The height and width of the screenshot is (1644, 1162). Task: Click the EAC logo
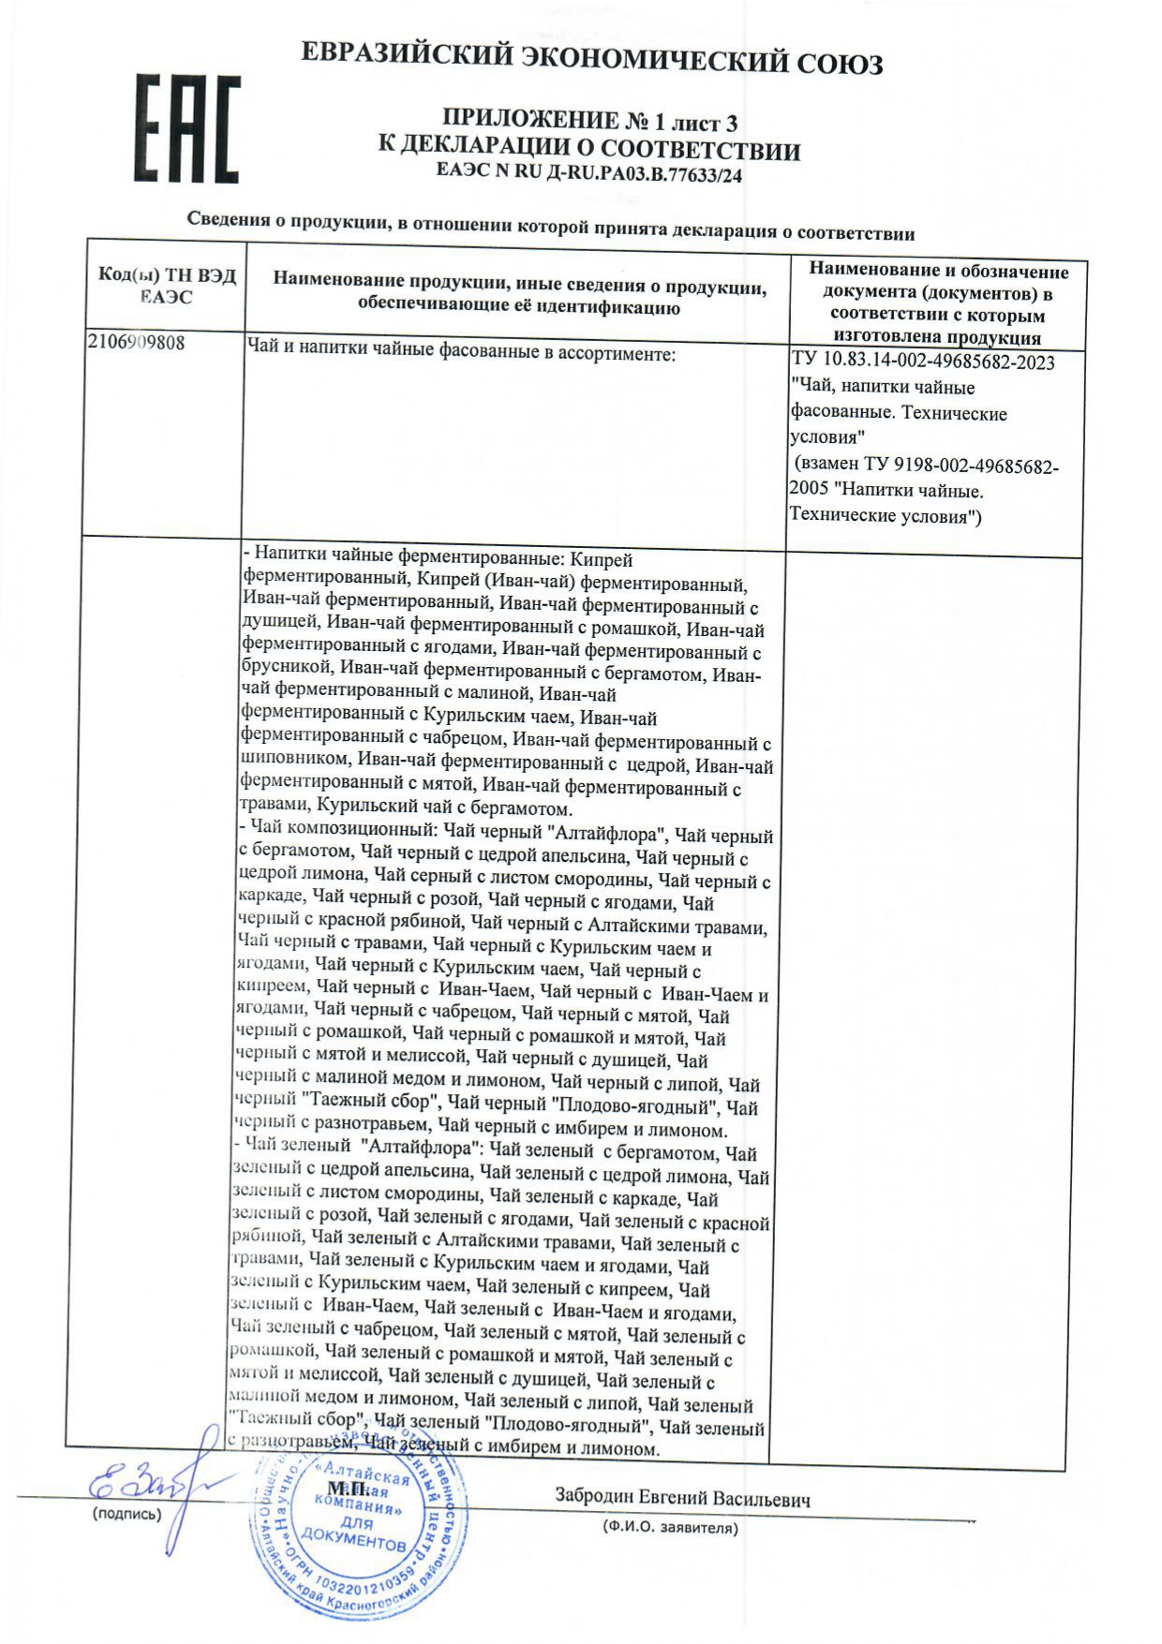pos(186,129)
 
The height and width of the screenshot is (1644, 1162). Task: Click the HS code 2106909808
pos(136,343)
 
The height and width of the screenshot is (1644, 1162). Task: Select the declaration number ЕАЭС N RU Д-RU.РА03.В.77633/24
pos(589,173)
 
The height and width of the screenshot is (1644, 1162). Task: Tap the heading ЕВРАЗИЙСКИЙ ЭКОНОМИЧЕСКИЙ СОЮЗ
pos(591,59)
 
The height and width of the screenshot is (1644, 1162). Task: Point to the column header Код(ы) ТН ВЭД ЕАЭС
pos(167,286)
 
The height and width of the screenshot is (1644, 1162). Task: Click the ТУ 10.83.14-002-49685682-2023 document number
pos(923,363)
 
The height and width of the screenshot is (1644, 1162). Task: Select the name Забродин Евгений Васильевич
pos(682,1498)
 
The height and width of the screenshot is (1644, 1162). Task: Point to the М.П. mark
pos(348,1488)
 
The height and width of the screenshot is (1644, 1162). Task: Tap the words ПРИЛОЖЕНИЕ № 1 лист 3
pos(589,121)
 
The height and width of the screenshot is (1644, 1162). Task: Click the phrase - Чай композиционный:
pos(337,831)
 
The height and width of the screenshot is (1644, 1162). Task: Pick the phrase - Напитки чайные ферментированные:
pos(404,559)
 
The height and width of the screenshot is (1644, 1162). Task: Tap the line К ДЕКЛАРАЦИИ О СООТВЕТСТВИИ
pos(589,149)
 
